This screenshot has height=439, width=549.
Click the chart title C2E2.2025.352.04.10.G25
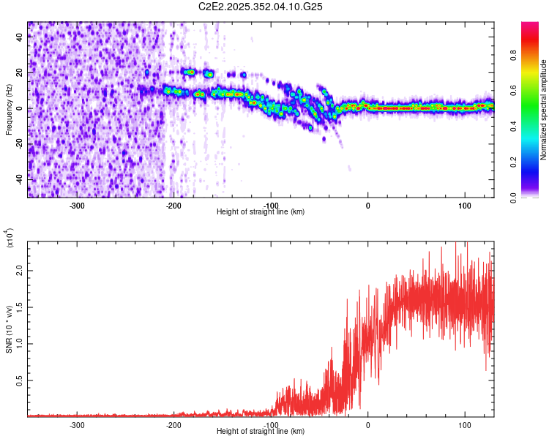tap(261, 7)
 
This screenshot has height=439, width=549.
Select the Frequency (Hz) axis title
tap(9, 109)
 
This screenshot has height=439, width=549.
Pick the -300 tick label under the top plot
tap(78, 205)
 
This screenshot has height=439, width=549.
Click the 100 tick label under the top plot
tap(464, 205)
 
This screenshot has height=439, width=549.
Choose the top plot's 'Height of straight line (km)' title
tap(261, 212)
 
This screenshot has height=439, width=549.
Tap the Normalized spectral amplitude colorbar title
tap(544, 109)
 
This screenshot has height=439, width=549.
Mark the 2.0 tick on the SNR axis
tap(19, 271)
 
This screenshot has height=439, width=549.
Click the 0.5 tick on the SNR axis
tap(19, 380)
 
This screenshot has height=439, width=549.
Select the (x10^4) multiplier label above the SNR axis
tap(10, 238)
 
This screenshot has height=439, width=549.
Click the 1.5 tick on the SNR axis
tap(19, 307)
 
